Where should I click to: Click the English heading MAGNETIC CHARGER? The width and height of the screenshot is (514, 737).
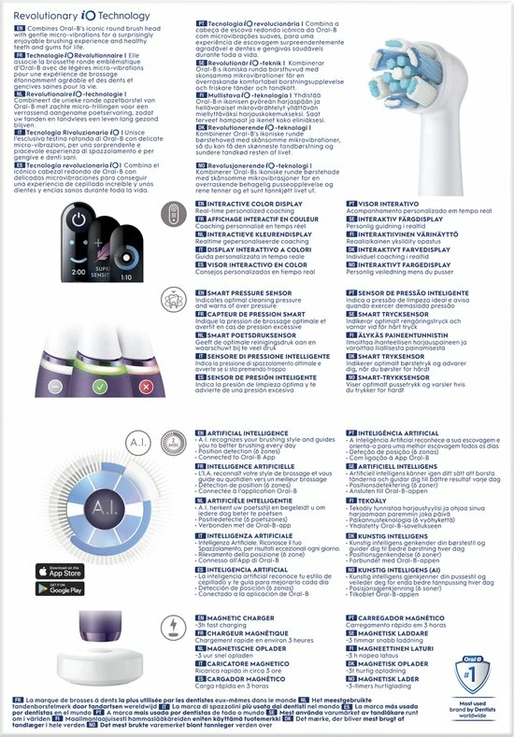click(235, 617)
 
